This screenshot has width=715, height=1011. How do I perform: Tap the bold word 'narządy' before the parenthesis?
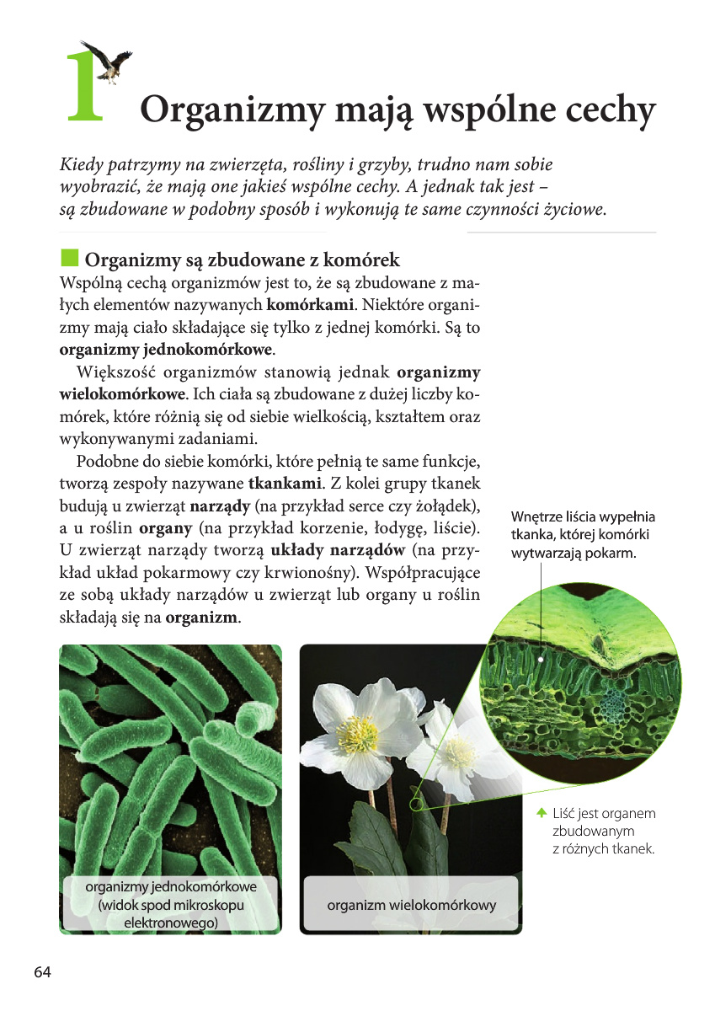tap(219, 506)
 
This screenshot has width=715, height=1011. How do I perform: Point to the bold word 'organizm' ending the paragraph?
tap(202, 618)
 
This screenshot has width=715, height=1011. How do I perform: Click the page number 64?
tap(43, 972)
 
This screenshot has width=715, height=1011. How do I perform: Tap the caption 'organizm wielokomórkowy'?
tap(411, 906)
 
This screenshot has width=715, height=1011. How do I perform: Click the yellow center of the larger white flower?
tap(357, 734)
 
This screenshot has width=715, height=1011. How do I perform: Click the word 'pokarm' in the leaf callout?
tap(611, 554)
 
